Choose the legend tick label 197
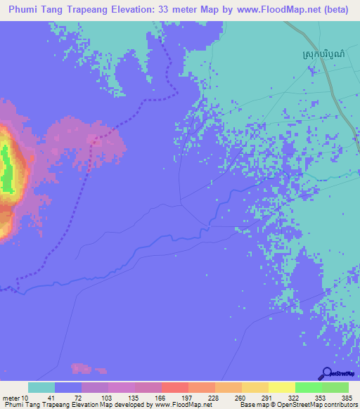tap(173, 397)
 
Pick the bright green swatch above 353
tap(308, 387)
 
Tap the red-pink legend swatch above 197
tap(174, 387)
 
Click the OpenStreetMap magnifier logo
tap(327, 373)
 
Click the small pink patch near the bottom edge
tap(82, 368)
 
